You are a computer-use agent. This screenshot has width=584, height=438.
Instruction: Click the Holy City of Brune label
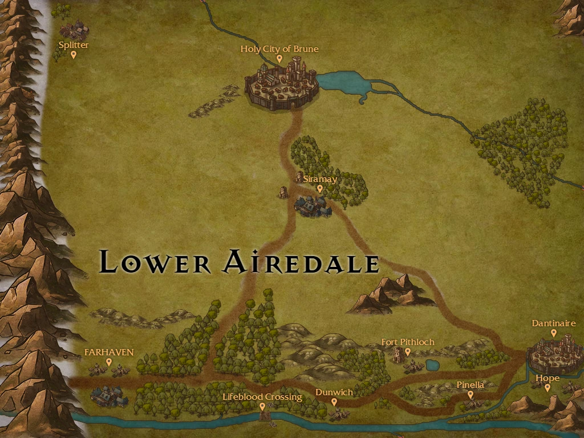point(279,49)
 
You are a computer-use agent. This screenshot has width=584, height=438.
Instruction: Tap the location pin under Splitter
point(74,55)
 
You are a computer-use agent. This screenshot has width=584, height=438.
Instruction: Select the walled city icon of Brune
point(282,86)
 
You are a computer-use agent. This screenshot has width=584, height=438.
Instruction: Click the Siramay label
point(320,179)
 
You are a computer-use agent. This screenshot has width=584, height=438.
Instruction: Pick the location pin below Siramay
point(319,188)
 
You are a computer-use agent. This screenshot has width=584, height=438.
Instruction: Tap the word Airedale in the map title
point(300,262)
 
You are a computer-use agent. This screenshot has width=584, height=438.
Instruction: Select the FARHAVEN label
point(109,352)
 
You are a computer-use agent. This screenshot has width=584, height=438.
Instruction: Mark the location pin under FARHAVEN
point(109,362)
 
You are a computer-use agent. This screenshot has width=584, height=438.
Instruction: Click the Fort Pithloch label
point(408,342)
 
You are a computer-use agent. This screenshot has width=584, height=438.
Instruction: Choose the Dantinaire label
point(554,323)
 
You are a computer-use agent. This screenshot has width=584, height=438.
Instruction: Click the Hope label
point(547,378)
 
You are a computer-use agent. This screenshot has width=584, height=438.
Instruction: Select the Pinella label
point(471,385)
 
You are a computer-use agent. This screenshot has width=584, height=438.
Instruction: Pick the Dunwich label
point(334,392)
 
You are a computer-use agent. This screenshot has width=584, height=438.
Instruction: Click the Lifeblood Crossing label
point(262,397)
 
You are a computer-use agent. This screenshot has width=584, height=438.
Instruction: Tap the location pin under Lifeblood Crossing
point(262,407)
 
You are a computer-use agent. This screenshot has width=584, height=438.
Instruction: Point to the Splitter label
point(74,45)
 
